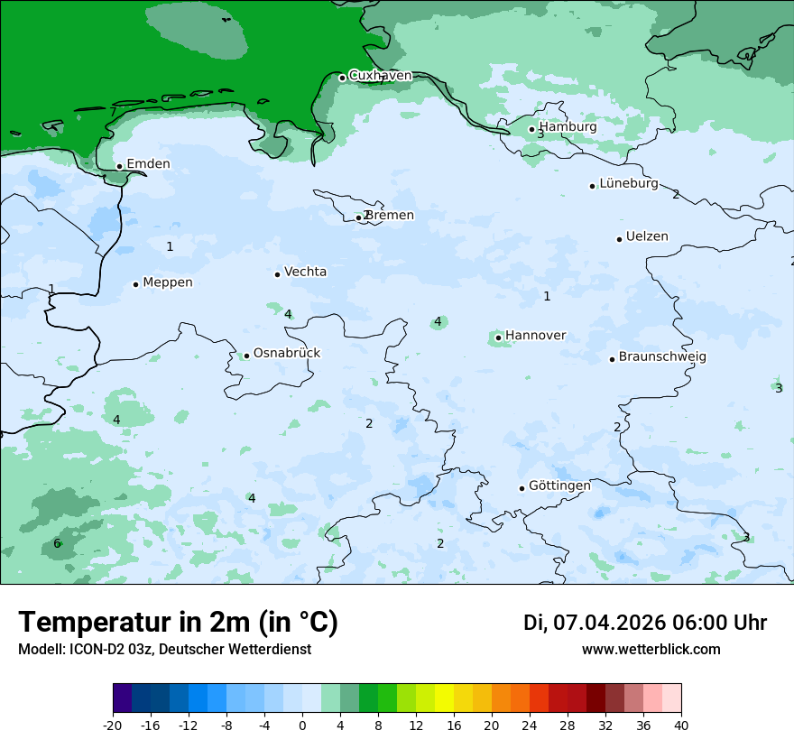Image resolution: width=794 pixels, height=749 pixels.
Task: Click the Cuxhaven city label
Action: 380,76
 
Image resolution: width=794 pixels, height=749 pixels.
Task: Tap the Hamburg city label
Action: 568,127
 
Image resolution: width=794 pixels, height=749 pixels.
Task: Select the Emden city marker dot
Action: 119,166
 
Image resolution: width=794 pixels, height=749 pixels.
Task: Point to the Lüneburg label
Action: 628,183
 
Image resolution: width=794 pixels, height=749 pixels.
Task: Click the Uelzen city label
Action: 647,236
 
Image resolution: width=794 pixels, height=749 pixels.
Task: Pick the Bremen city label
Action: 389,216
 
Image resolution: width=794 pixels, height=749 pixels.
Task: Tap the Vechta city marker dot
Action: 277,274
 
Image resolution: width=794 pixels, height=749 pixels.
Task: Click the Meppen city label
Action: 167,282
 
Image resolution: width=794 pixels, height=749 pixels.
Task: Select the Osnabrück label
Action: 286,353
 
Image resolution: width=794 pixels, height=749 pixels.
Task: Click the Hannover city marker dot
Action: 498,338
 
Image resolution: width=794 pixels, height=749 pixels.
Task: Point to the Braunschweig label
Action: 662,356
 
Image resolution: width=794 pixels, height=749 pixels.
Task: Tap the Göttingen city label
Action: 559,485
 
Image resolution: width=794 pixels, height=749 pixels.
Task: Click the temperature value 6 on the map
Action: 57,543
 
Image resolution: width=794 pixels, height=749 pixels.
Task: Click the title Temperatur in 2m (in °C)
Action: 178,623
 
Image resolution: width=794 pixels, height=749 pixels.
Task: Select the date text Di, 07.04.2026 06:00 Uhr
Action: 644,623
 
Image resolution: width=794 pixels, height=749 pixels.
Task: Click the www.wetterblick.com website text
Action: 651,649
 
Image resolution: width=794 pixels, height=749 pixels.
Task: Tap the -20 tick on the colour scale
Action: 113,726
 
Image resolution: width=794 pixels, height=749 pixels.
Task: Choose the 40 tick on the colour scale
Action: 681,726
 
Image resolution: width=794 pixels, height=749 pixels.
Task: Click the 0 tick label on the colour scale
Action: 302,726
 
